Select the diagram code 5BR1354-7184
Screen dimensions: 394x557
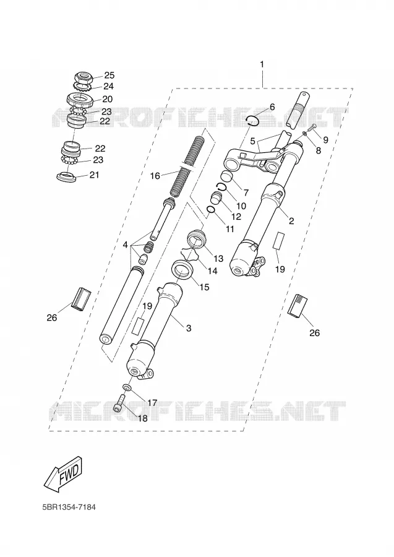point(69,507)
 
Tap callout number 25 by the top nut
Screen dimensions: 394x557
point(109,75)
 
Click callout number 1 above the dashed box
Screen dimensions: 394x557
point(262,64)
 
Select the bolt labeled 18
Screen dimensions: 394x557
point(120,404)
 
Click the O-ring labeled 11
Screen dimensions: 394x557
point(211,210)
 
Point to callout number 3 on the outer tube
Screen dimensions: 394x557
point(189,327)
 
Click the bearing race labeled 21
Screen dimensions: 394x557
point(66,176)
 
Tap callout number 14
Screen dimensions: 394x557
point(212,270)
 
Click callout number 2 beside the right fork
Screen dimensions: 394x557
point(291,221)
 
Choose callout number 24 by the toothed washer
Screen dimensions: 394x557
point(109,86)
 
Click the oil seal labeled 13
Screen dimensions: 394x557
point(197,238)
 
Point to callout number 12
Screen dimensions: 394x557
point(236,217)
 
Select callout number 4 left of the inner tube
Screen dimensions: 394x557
point(126,244)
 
